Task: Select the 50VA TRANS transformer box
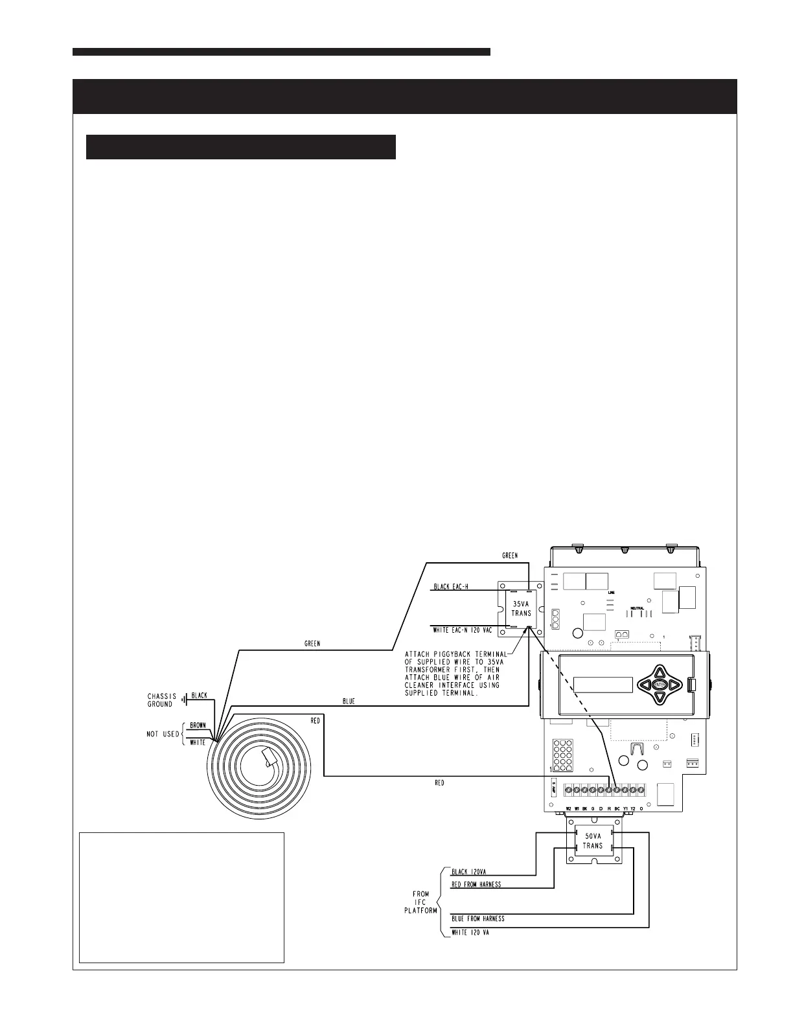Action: click(x=593, y=841)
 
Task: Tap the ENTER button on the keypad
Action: click(x=660, y=685)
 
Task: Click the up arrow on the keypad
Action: click(x=660, y=672)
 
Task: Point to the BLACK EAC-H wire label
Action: click(x=451, y=587)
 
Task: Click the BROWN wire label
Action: click(x=198, y=726)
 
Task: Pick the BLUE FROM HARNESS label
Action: click(x=478, y=918)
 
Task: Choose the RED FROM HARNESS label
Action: click(x=476, y=884)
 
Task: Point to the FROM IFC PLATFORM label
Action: click(x=420, y=902)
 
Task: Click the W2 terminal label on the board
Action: click(x=568, y=809)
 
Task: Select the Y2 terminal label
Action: click(x=633, y=809)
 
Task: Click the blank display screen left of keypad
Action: click(x=603, y=685)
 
